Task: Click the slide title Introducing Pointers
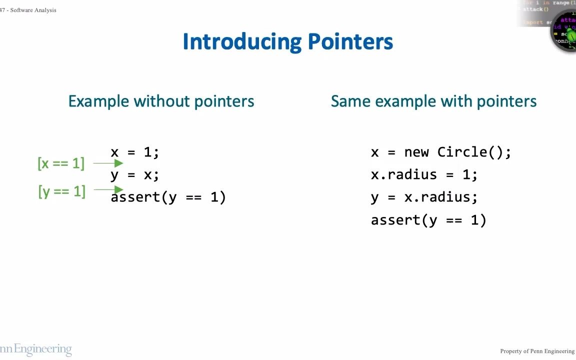pos(287,41)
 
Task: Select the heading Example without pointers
pos(161,101)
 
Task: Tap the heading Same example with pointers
pos(433,101)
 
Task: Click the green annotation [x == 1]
pos(61,163)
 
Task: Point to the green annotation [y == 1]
pos(61,191)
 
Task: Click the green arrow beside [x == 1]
pos(108,163)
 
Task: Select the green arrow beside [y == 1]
pos(108,190)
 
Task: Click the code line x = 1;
pos(134,152)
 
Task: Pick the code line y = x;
pos(134,174)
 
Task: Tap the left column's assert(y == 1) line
pos(168,197)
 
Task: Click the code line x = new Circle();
pos(441,152)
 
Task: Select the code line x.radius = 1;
pos(424,174)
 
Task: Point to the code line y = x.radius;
pos(424,197)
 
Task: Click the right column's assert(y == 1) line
pos(428,220)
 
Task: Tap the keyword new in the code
pos(416,152)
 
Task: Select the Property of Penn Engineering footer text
pos(537,351)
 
